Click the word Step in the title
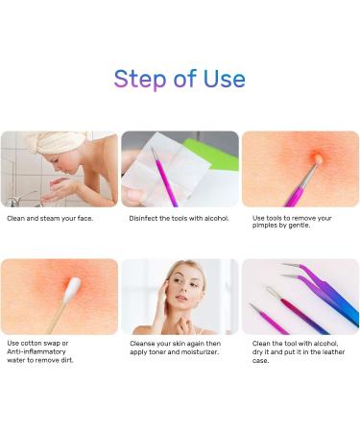click(x=140, y=78)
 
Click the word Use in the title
click(x=222, y=78)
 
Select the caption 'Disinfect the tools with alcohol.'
click(x=180, y=218)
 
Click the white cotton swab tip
click(x=73, y=285)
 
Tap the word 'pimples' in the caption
click(x=269, y=227)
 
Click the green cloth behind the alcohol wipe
click(x=223, y=155)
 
